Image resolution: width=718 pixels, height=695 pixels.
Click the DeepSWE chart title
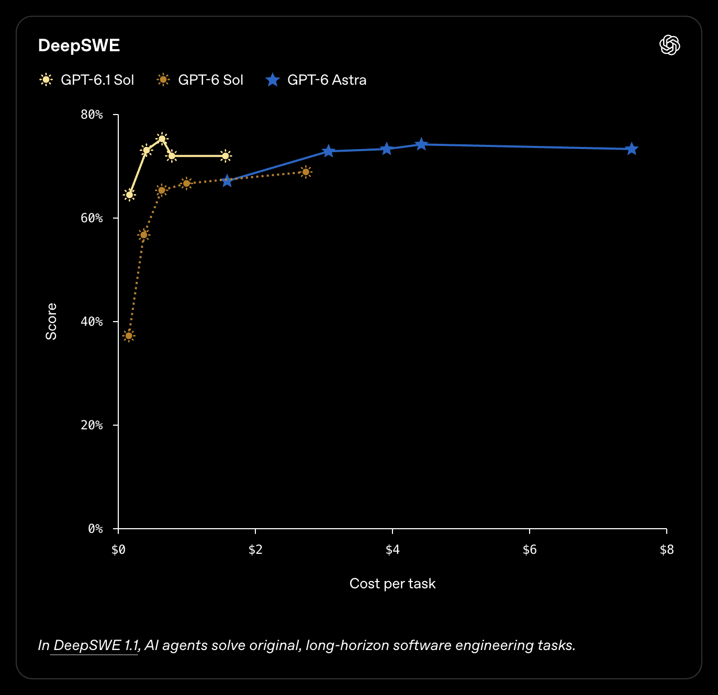point(79,45)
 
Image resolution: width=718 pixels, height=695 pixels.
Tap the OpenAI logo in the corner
point(669,45)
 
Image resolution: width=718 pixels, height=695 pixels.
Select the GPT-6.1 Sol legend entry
point(87,80)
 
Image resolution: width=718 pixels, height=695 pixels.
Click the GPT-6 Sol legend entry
point(199,80)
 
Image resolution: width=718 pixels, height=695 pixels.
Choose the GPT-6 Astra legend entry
point(316,80)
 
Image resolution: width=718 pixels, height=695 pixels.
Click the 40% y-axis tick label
point(92,322)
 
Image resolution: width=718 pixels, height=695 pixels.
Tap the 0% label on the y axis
point(96,528)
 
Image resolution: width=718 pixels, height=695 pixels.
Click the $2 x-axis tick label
point(255,550)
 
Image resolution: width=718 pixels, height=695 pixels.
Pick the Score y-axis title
point(51,322)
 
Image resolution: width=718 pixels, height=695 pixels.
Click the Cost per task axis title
point(392,584)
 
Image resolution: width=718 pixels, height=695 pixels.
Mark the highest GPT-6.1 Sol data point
point(162,139)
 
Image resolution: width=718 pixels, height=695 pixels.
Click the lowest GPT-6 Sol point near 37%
point(129,336)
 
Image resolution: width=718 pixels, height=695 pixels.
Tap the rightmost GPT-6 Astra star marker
point(632,149)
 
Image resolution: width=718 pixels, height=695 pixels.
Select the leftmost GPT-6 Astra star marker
point(227,181)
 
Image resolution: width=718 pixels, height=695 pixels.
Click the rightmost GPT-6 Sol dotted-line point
point(306,172)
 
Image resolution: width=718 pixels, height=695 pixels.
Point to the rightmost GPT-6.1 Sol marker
point(226,156)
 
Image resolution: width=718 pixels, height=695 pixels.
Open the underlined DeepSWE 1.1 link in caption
point(96,645)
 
